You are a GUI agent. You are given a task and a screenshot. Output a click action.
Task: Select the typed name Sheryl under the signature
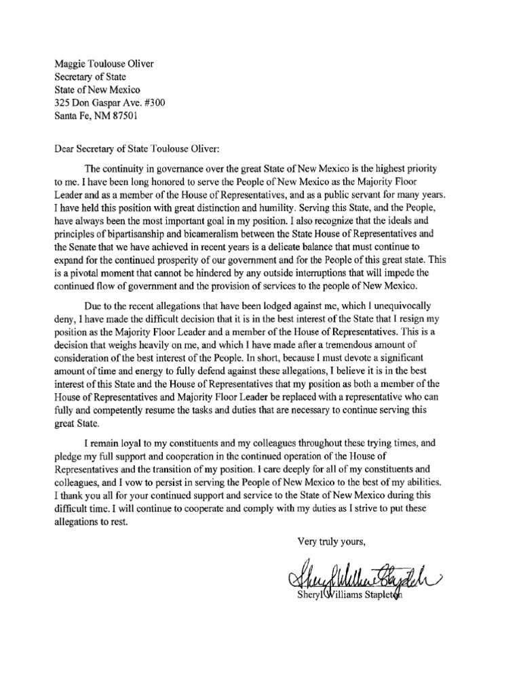312,596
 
